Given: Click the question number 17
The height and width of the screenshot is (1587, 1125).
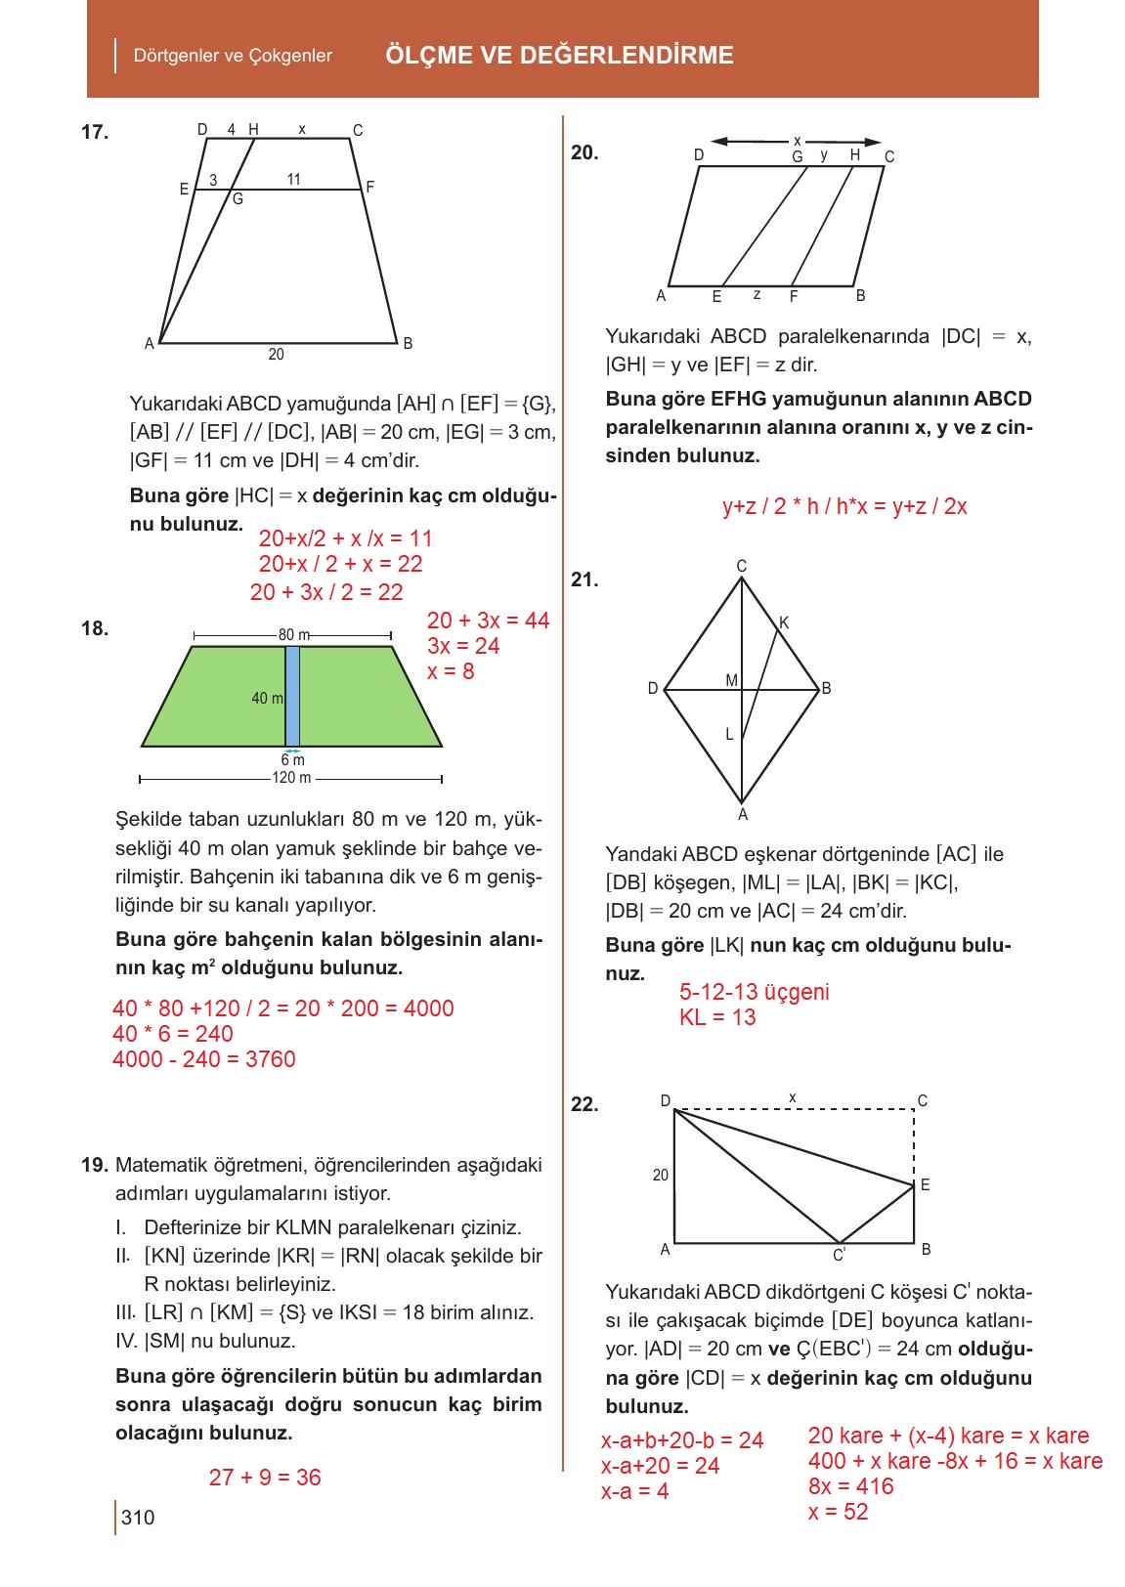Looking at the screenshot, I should point(95,133).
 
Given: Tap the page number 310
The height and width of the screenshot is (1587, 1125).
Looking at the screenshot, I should point(138,1518).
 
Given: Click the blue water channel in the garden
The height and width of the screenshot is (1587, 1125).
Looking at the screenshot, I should point(292,696).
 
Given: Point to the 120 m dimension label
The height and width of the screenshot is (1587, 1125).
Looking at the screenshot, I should point(291,778).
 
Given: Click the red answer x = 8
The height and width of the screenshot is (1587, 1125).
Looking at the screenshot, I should point(451,671).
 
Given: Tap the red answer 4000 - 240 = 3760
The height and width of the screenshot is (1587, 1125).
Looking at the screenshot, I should point(203,1059).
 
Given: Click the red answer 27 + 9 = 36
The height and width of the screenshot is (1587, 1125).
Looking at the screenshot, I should point(265,1478).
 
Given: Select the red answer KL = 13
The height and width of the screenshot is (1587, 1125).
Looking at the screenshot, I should point(717,1017).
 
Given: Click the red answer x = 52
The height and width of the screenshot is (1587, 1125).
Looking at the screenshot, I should point(839,1512).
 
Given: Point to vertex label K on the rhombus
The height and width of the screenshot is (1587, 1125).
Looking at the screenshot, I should point(784,622).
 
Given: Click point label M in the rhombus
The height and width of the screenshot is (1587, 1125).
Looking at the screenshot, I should point(731,679).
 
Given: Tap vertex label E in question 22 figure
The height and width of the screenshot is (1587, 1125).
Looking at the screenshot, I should point(925,1185).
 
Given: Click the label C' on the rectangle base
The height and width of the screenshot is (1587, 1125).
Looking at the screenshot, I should point(839,1255).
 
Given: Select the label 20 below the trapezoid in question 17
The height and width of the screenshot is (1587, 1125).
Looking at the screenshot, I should point(276,355).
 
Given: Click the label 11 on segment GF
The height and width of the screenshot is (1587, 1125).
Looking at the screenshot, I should point(294,179).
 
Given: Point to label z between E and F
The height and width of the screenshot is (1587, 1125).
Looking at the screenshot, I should point(757,294).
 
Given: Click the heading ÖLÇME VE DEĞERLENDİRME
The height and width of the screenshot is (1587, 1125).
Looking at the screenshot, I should point(559,55).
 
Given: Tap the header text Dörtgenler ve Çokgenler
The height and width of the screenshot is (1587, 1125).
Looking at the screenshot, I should point(233,56).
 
